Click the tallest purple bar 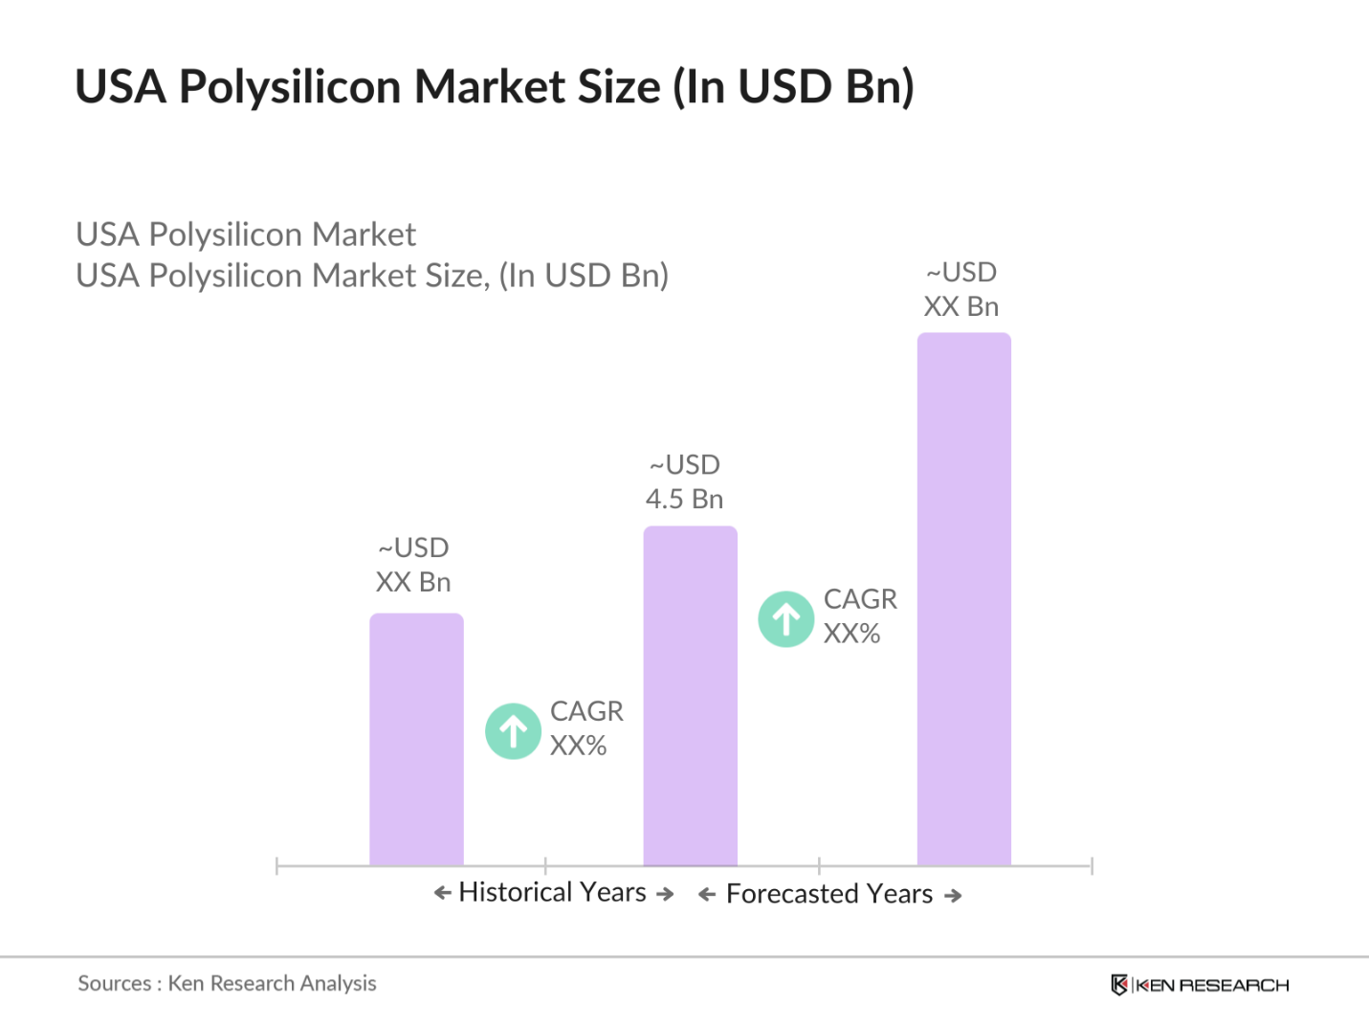tap(963, 598)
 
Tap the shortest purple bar tap(416, 739)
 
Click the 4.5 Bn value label tap(684, 499)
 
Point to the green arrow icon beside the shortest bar tap(514, 731)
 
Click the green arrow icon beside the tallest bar tap(786, 619)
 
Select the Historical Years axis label tap(552, 892)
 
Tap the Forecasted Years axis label tap(828, 894)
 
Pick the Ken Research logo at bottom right tap(1200, 985)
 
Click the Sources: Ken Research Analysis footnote tap(227, 983)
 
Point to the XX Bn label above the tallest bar tap(961, 306)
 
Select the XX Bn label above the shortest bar tap(413, 582)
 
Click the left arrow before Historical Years tap(442, 893)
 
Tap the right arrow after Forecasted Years tap(953, 896)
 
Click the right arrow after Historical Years tap(665, 894)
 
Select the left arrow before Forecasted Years tap(707, 895)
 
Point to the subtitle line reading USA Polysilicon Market tap(246, 234)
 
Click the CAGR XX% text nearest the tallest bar tap(859, 615)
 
